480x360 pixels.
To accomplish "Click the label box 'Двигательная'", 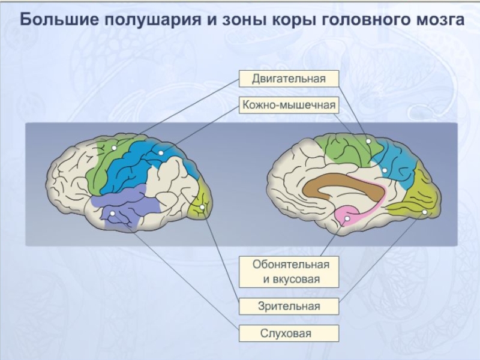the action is pos(289,79).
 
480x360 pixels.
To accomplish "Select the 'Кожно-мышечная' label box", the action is pos(289,106).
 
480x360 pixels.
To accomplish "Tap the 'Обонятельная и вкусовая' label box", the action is pos(289,272).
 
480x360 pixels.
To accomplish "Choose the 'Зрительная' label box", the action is pos(289,306).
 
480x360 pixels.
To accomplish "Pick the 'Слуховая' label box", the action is pos(289,334).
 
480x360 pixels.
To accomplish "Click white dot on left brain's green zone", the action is pos(114,148).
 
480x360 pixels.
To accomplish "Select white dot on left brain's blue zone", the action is pos(161,154).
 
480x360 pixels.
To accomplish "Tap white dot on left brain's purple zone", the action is pos(112,214).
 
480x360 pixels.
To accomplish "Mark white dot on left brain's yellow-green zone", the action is pos(202,208).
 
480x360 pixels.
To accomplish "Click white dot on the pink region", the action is pos(347,220).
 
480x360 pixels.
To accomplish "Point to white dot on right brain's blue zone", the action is pos(385,170).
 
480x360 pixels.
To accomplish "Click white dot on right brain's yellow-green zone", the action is pos(424,212).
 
